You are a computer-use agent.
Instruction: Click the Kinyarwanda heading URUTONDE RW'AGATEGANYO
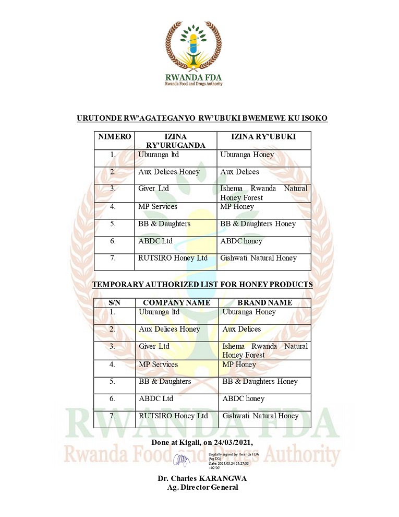[202, 119]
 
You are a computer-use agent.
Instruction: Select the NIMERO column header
[114, 137]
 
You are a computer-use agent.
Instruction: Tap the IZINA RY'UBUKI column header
[263, 137]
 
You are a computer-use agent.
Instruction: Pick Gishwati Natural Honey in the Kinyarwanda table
[259, 258]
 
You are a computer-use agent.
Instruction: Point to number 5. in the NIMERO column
[113, 224]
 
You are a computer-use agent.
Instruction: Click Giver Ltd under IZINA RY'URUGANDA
[154, 189]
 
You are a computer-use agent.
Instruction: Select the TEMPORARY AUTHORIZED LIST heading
[202, 285]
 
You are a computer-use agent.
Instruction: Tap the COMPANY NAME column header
[176, 302]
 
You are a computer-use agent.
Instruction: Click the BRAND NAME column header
[264, 302]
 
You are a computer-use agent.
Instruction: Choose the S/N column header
[114, 302]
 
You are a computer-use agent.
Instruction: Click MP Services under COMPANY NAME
[158, 365]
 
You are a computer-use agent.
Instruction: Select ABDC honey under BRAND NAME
[244, 399]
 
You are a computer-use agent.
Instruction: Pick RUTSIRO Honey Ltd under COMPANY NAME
[173, 416]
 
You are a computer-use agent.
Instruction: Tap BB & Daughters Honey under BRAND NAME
[260, 382]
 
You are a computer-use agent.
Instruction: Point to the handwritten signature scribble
[182, 461]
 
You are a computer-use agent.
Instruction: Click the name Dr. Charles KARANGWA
[202, 478]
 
